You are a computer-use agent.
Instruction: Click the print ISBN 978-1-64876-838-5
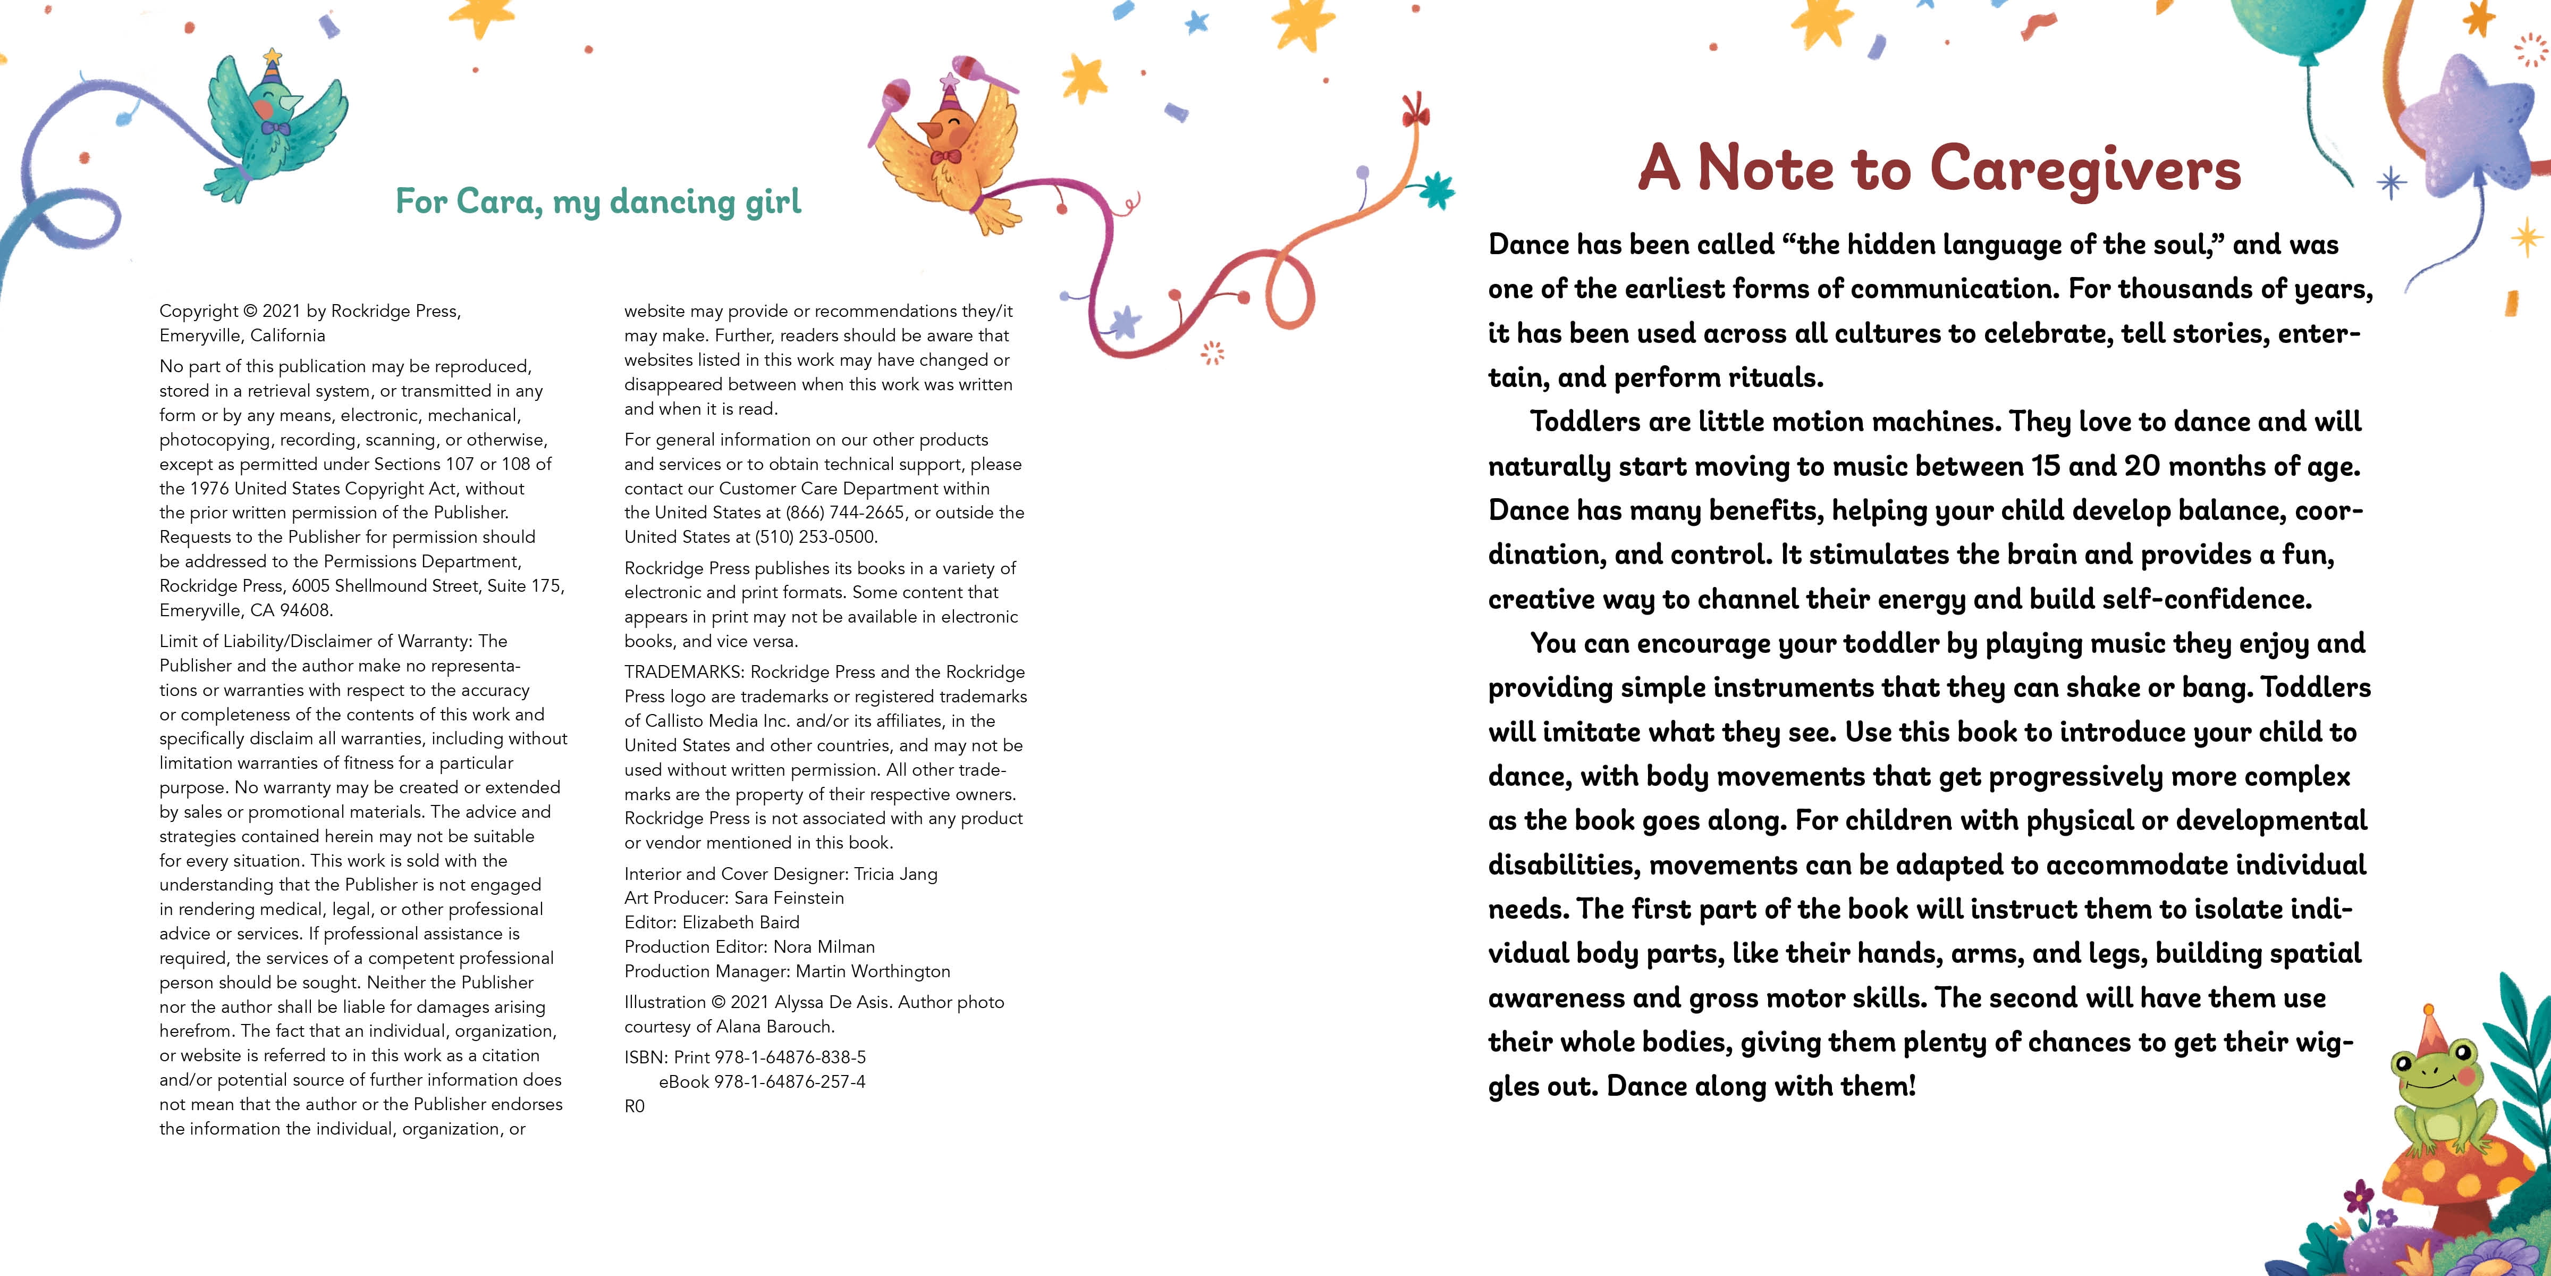click(x=790, y=1057)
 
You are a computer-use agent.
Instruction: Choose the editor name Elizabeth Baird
click(x=741, y=922)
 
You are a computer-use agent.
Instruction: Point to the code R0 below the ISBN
click(x=635, y=1106)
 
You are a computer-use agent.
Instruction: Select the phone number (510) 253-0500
click(x=816, y=537)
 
